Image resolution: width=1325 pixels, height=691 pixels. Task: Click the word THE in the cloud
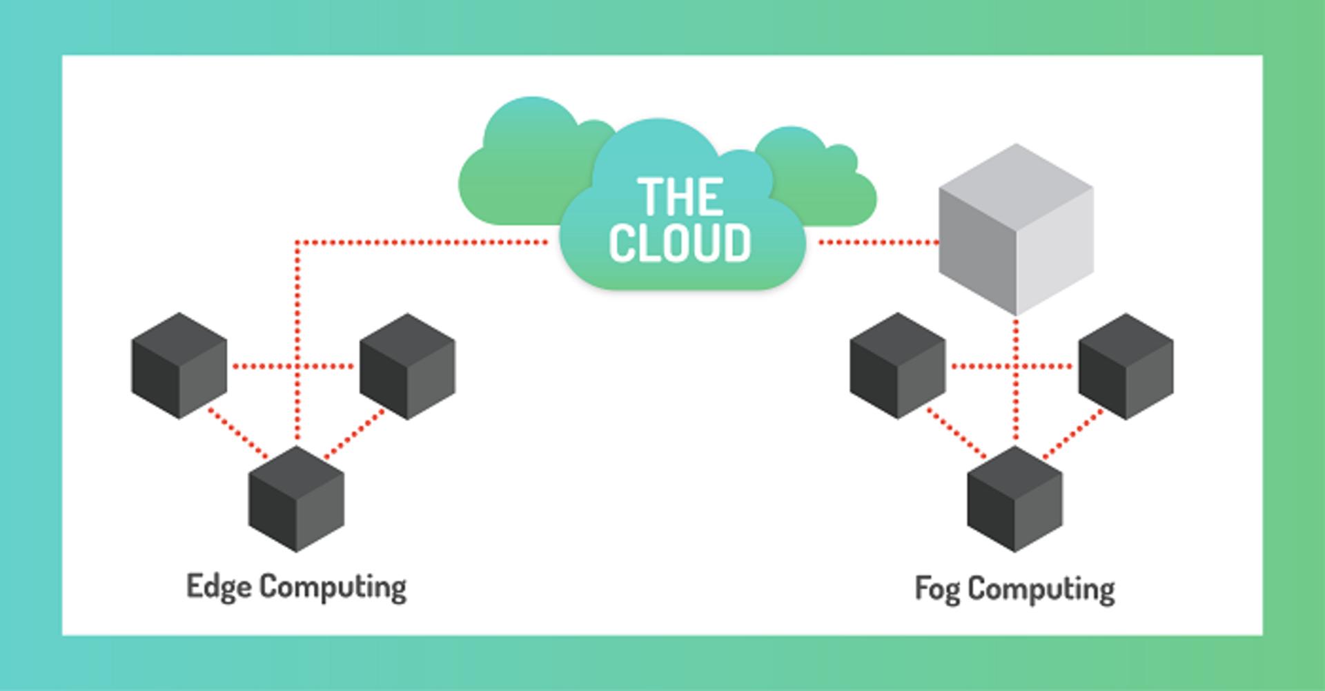tap(680, 196)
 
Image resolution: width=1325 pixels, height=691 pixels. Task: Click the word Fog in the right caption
tap(937, 590)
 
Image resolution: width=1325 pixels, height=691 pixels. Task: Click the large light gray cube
tap(1016, 229)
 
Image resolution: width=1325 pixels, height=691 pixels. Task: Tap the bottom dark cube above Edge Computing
tap(296, 499)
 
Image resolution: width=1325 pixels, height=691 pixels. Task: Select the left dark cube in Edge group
tap(179, 366)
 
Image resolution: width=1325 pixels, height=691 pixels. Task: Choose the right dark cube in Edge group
tap(407, 366)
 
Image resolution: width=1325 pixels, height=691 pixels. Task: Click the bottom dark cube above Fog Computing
tap(1015, 499)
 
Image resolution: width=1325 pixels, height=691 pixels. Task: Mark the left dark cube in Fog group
tap(898, 366)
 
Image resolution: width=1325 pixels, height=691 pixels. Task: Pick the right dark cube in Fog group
tap(1126, 366)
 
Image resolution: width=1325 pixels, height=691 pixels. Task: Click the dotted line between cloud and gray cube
tap(878, 242)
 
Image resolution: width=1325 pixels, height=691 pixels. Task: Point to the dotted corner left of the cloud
tap(297, 242)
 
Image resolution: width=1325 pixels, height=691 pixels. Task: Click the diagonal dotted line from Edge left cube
tap(238, 434)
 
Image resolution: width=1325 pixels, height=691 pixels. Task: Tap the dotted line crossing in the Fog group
tap(1016, 366)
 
